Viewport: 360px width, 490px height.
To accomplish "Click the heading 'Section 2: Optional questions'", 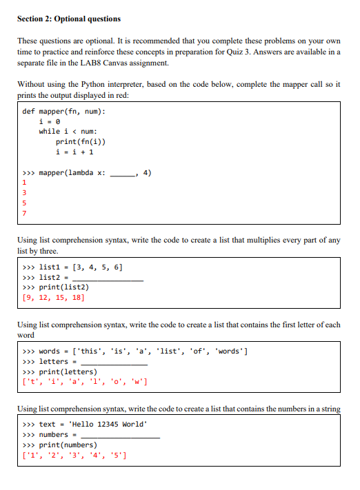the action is [68, 19].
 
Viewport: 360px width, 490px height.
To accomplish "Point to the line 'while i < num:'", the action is [68, 132].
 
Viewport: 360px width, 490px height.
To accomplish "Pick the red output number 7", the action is [24, 214].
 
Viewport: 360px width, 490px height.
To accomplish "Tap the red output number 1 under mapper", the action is [24, 183].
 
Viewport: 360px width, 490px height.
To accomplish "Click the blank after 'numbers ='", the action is [120, 435].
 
